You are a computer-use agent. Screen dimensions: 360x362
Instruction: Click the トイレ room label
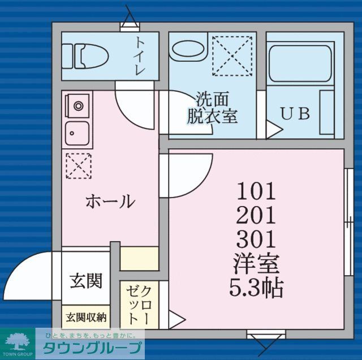tap(140, 56)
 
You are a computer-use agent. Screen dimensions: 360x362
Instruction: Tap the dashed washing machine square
tap(232, 55)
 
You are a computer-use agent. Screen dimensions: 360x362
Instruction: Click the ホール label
tap(110, 201)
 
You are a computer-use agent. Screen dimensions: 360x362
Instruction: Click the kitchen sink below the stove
tap(76, 135)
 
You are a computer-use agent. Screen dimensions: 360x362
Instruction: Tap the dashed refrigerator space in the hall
tap(77, 165)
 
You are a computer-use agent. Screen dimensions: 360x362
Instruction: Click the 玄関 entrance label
tap(86, 280)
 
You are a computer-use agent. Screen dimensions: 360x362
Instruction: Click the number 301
tap(256, 239)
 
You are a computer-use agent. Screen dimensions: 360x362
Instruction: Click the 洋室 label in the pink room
tap(256, 264)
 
